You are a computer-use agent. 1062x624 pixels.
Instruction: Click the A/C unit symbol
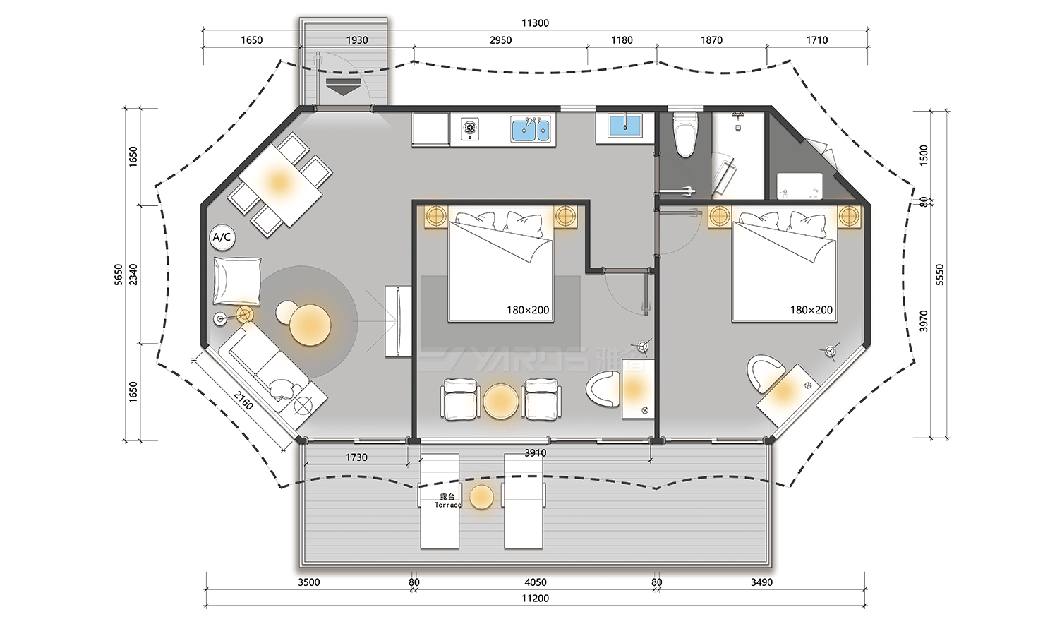222,238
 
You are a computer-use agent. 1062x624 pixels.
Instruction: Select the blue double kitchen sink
530,130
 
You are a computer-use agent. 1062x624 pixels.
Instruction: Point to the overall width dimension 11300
535,23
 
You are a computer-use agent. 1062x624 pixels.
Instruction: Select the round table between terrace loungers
482,497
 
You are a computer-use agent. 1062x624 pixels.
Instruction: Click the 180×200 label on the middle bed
527,310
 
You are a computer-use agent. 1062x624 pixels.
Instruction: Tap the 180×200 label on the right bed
811,310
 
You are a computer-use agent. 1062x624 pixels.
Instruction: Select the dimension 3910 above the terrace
536,453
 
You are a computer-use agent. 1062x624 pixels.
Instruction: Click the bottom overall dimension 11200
536,599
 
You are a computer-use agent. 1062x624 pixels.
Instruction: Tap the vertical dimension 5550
939,274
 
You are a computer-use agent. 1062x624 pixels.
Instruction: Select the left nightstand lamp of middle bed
435,215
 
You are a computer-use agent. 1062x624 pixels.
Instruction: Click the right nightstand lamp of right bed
849,216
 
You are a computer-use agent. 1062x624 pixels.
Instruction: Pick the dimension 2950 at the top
500,40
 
